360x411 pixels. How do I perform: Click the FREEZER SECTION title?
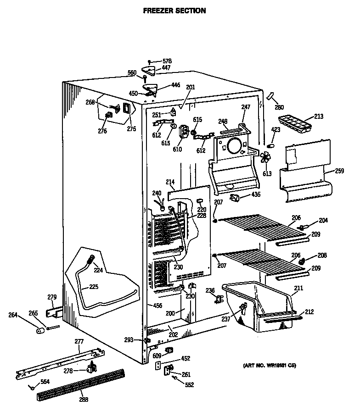pyautogui.click(x=174, y=11)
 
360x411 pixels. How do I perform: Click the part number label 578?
pyautogui.click(x=167, y=61)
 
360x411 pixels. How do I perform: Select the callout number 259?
pyautogui.click(x=339, y=171)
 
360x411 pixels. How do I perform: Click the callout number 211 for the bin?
pyautogui.click(x=298, y=289)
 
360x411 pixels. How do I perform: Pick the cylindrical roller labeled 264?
pyautogui.click(x=40, y=330)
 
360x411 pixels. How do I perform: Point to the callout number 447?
pyautogui.click(x=166, y=68)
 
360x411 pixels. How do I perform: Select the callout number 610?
pyautogui.click(x=177, y=149)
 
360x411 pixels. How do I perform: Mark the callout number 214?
pyautogui.click(x=170, y=182)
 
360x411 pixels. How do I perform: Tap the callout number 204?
pyautogui.click(x=323, y=220)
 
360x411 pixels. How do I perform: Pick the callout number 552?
pyautogui.click(x=189, y=384)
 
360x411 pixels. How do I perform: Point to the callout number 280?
pyautogui.click(x=279, y=108)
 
